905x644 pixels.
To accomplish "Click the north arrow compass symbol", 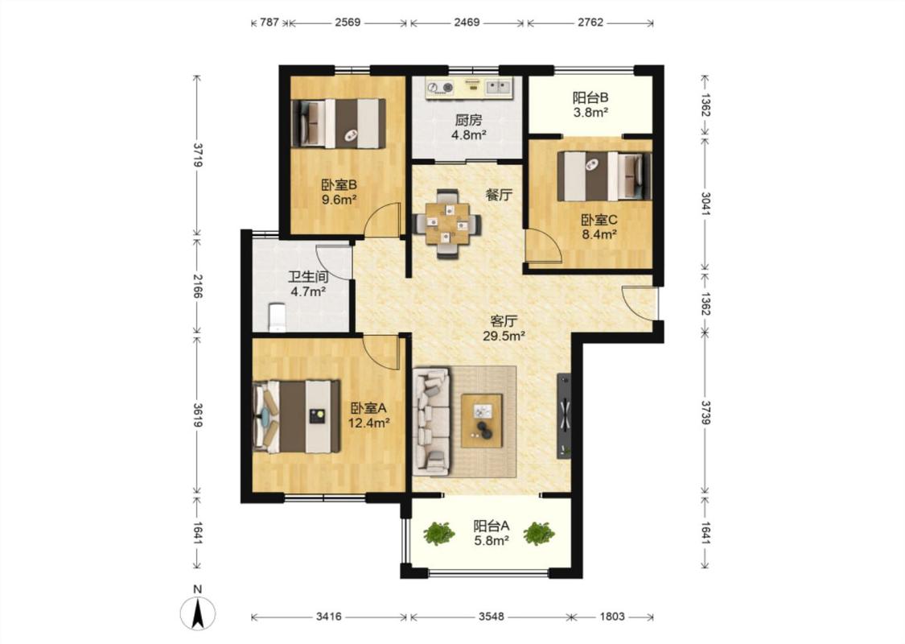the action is point(198,613).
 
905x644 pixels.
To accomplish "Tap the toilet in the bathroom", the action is point(278,318).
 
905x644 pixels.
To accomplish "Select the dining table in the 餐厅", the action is point(447,224).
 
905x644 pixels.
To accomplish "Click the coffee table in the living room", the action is point(481,420).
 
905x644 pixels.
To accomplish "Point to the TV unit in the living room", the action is point(564,416).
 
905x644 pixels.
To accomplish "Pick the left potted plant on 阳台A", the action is point(438,533).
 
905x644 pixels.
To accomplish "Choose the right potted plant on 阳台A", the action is point(539,533).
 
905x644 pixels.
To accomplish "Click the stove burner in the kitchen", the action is point(440,88).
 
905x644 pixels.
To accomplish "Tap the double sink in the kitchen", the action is point(499,87).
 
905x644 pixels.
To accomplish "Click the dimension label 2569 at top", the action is point(348,23).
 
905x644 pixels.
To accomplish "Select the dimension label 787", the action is point(269,23).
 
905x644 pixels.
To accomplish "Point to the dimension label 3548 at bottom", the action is point(491,617).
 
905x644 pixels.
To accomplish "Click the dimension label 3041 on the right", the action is point(705,204).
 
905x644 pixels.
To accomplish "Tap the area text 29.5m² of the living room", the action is point(504,336).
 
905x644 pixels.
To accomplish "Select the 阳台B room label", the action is point(590,97).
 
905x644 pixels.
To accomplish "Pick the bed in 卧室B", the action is point(339,123).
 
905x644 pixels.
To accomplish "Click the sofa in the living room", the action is point(432,423).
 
